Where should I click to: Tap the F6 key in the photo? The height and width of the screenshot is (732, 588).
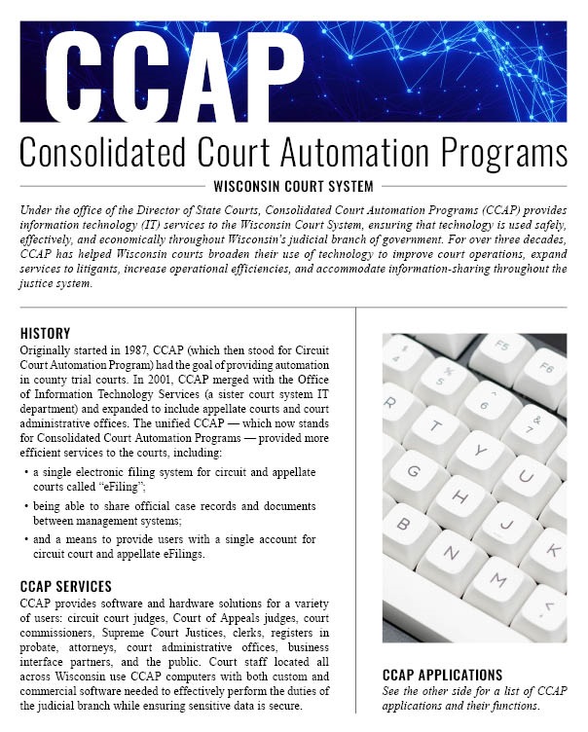coord(553,370)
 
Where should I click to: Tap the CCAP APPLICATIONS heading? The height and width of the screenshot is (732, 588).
coord(443,674)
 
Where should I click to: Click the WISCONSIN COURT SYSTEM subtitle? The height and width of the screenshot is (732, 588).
coord(293,186)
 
